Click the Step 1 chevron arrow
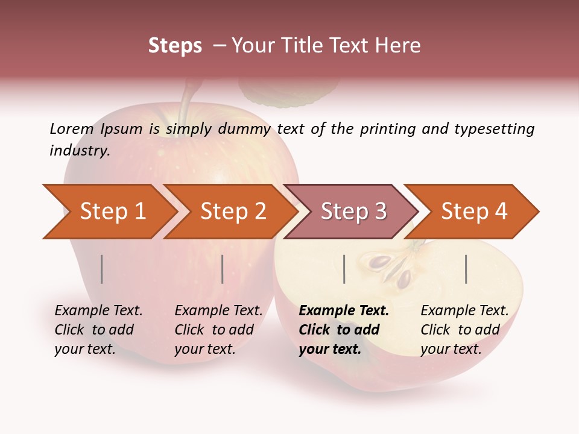[x=112, y=212]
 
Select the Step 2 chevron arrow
[x=232, y=212]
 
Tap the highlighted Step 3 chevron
[x=353, y=212]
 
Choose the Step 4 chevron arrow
[x=473, y=212]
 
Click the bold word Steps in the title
[x=175, y=46]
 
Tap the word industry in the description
[x=79, y=150]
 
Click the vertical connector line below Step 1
[x=102, y=269]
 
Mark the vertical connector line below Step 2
[x=223, y=269]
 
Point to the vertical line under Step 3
[x=344, y=269]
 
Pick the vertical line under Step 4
[x=466, y=269]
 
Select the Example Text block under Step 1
[x=98, y=330]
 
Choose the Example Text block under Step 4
[x=464, y=330]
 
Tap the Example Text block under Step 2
[x=218, y=330]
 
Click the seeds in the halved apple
[x=392, y=270]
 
